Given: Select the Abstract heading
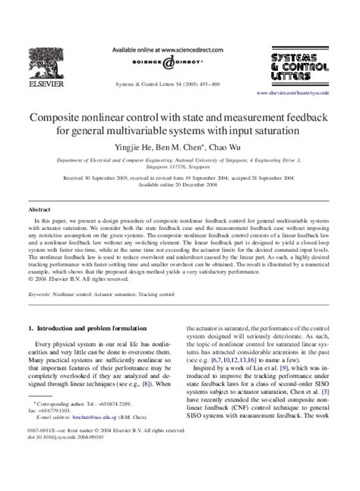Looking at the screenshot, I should click(x=39, y=207).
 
